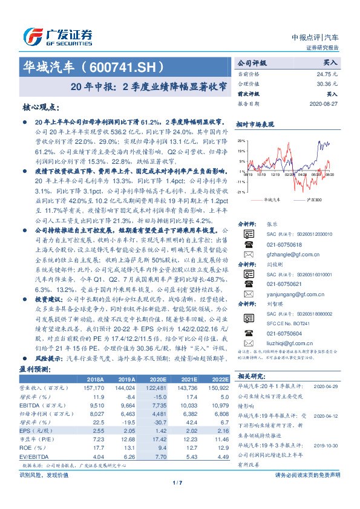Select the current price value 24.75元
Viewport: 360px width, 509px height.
tap(326, 73)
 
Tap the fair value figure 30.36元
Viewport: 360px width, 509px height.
tap(326, 84)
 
